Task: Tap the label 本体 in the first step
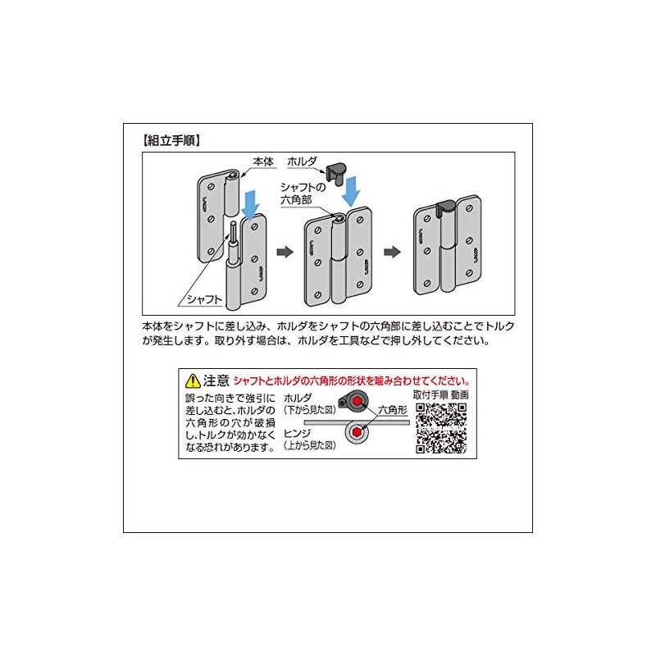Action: [x=263, y=162]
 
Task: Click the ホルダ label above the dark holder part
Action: [x=301, y=162]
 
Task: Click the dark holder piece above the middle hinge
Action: [x=336, y=172]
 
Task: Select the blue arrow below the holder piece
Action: [x=352, y=190]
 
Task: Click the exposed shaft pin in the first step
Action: [x=233, y=238]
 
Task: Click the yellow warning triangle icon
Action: [x=193, y=380]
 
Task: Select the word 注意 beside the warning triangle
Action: [x=216, y=380]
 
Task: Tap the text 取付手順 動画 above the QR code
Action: [x=441, y=394]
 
